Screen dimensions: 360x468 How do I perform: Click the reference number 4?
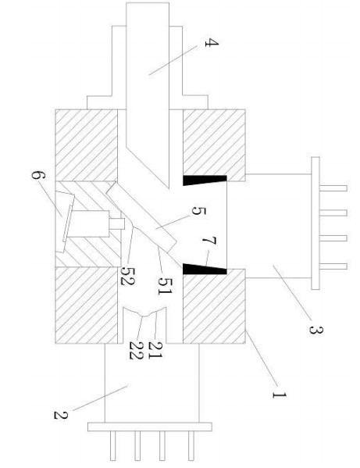(212, 43)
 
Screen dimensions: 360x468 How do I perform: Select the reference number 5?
(198, 211)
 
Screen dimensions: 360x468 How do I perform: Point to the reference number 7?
(209, 241)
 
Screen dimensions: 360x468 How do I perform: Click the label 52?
(127, 276)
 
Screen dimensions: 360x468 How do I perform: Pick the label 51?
(165, 286)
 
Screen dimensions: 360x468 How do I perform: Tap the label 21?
(155, 350)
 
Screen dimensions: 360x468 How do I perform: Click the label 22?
(137, 350)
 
